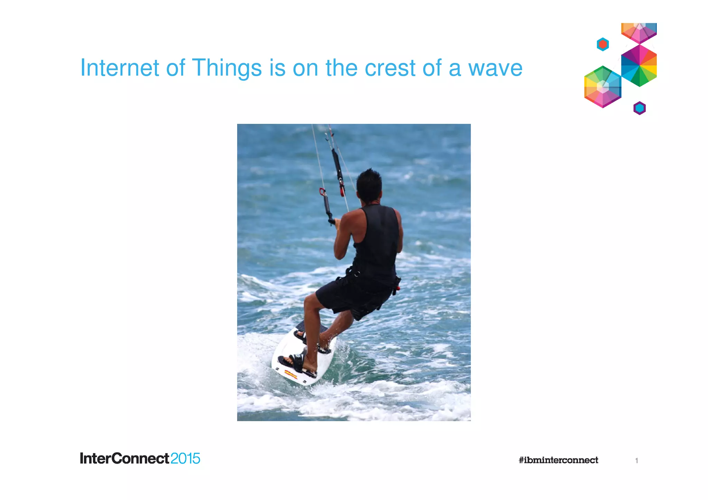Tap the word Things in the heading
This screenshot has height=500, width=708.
[227, 68]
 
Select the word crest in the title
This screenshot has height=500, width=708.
[390, 68]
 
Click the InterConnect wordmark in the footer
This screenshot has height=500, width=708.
[124, 459]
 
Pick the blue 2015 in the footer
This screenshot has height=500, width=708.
[185, 459]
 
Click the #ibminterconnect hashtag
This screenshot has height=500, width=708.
[558, 460]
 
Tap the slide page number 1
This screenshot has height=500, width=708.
[636, 461]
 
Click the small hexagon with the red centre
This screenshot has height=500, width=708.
[603, 44]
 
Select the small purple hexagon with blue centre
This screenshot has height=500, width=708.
[640, 108]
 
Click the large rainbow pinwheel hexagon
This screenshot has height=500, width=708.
[639, 65]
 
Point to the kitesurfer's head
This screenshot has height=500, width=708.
[369, 185]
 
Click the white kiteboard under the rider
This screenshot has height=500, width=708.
[304, 359]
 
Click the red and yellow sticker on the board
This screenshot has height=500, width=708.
[291, 374]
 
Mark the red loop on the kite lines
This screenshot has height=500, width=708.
[322, 192]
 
